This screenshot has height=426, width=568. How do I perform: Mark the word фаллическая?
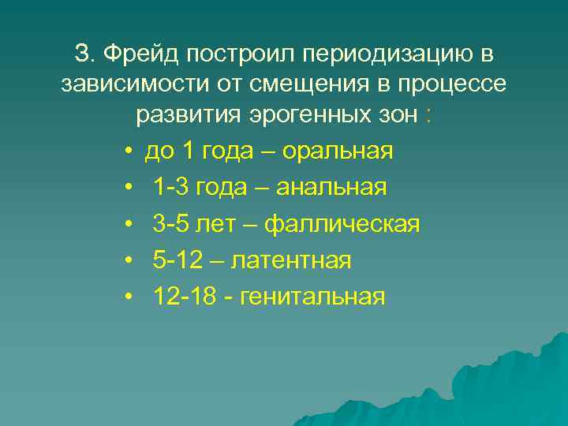point(342,224)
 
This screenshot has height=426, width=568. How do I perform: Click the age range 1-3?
point(170,187)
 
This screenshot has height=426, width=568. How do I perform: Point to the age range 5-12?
point(177,260)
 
